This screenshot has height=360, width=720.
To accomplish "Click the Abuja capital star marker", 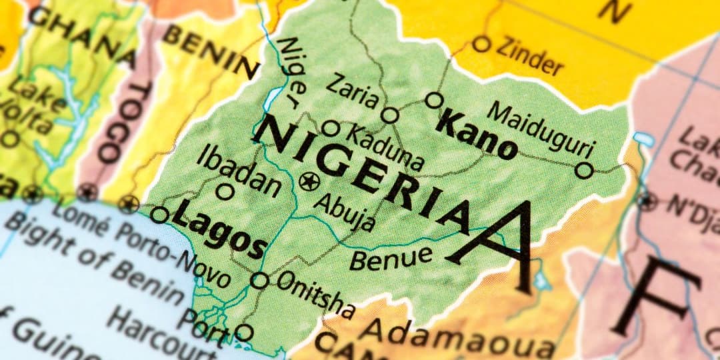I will click(x=309, y=181).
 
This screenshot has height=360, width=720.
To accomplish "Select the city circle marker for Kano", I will click(x=434, y=101).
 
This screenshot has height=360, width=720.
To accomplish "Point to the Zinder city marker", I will click(x=481, y=45).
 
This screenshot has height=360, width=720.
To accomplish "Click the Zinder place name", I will click(x=531, y=59).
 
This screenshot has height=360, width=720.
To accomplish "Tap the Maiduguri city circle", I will click(x=584, y=171).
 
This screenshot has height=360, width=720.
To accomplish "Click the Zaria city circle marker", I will click(x=390, y=115).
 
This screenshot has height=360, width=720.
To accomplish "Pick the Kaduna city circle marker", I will click(x=330, y=128).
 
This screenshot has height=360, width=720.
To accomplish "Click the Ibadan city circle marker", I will click(x=226, y=192).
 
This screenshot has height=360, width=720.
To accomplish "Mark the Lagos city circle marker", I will click(x=159, y=215).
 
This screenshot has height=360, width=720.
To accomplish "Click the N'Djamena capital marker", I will click(x=645, y=200).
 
